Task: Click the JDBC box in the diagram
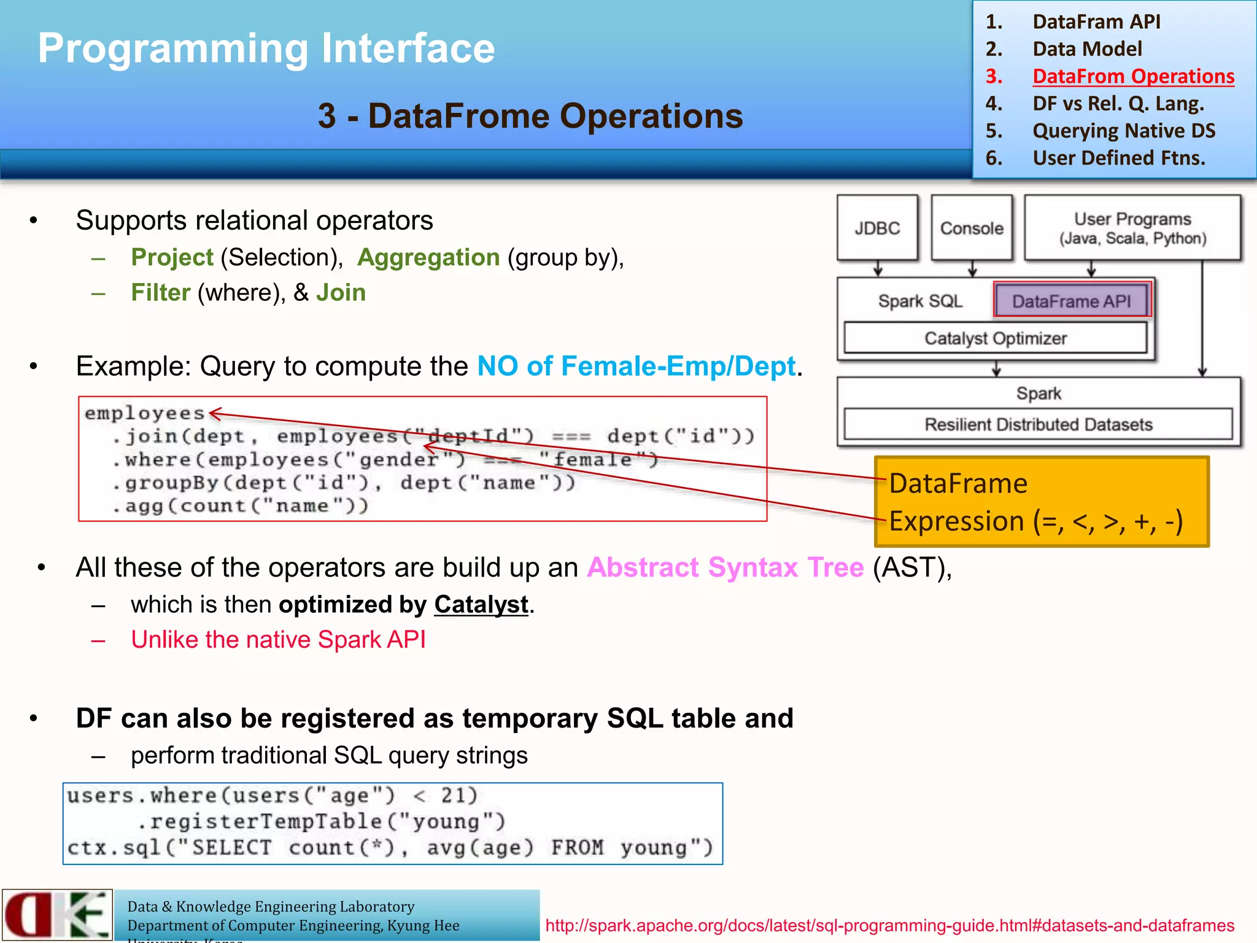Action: (x=877, y=228)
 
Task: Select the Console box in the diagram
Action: (x=971, y=228)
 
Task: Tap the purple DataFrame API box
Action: (x=1071, y=301)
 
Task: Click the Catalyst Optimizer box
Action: (x=995, y=338)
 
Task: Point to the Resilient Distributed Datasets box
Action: (x=1038, y=424)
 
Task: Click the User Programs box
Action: (x=1132, y=228)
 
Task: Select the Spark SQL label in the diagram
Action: (x=919, y=301)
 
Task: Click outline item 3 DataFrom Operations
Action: (x=1133, y=76)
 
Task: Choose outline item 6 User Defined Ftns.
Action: (x=1118, y=158)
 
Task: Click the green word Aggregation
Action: (x=428, y=257)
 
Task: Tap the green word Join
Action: (x=341, y=293)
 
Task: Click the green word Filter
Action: (x=161, y=293)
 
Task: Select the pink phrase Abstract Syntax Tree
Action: (x=725, y=567)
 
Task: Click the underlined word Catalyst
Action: (x=481, y=605)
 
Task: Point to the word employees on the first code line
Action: (x=144, y=413)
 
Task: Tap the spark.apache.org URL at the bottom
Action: (x=889, y=925)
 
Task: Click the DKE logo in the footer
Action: (x=57, y=915)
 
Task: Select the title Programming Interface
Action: (x=266, y=49)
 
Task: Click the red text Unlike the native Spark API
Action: (x=278, y=640)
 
